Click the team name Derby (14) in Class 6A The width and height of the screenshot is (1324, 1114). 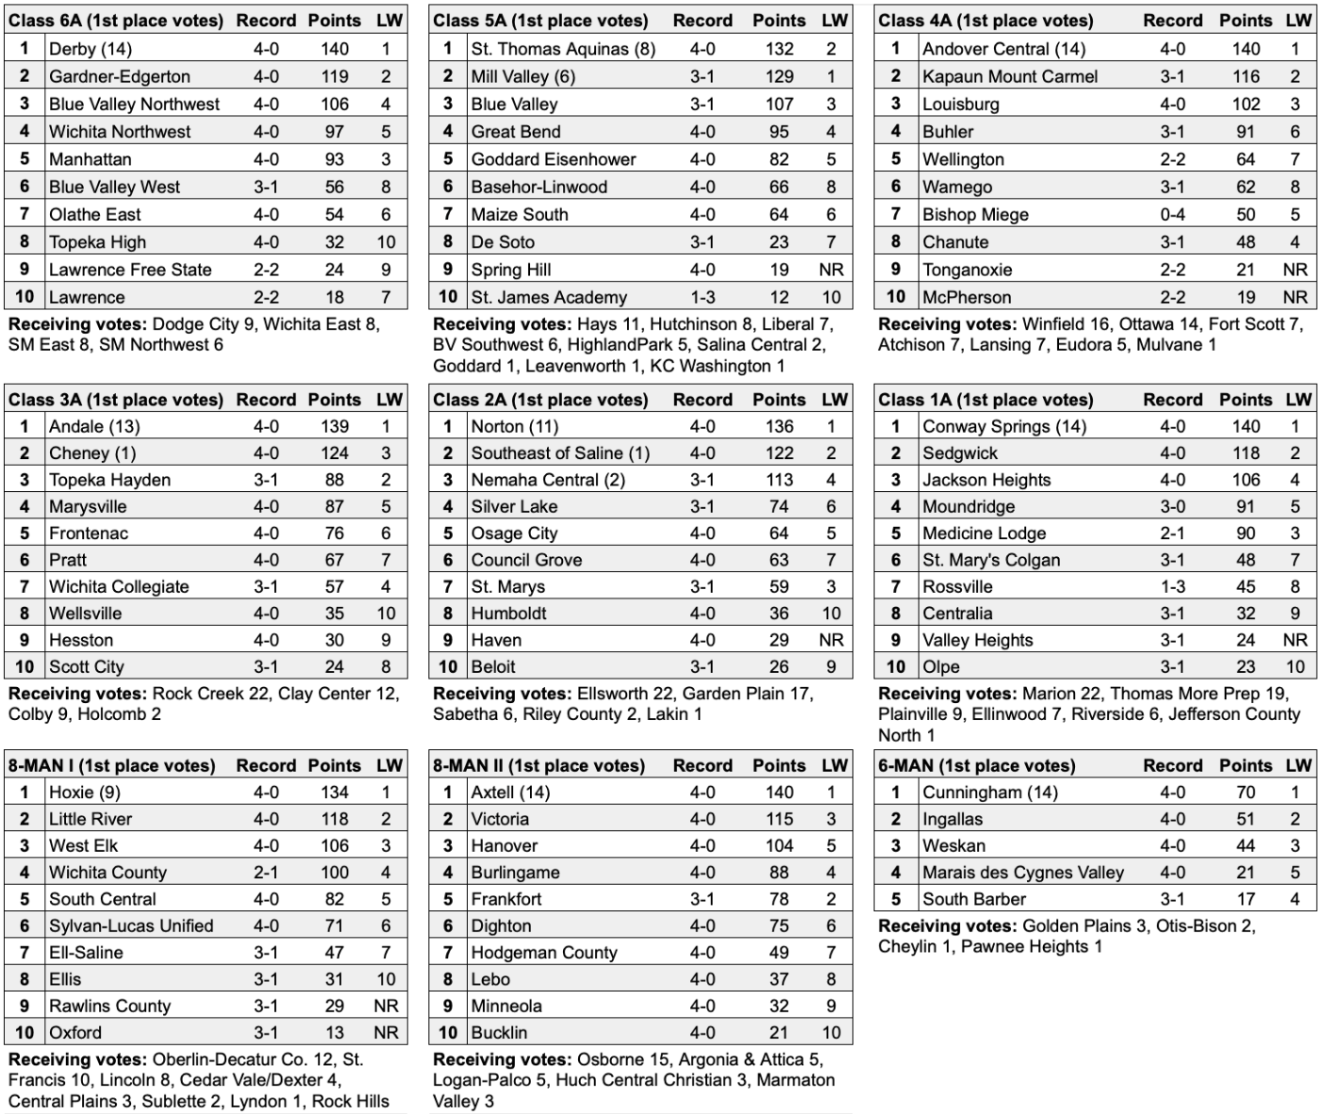(x=91, y=49)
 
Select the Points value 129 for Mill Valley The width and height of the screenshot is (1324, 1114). (x=779, y=76)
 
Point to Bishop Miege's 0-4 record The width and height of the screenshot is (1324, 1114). (x=1173, y=214)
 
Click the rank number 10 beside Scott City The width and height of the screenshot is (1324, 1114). (x=25, y=666)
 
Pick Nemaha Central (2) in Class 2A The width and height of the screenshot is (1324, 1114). (x=548, y=480)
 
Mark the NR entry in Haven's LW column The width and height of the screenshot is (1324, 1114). (x=831, y=640)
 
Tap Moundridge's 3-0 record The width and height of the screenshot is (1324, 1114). (x=1173, y=506)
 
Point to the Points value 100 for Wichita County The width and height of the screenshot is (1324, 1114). (x=334, y=873)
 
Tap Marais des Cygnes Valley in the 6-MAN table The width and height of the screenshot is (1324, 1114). (x=1023, y=873)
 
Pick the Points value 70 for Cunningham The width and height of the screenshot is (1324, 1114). (x=1246, y=793)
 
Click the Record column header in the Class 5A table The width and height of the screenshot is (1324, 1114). (x=703, y=20)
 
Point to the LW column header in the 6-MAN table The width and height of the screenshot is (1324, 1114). (x=1299, y=765)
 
